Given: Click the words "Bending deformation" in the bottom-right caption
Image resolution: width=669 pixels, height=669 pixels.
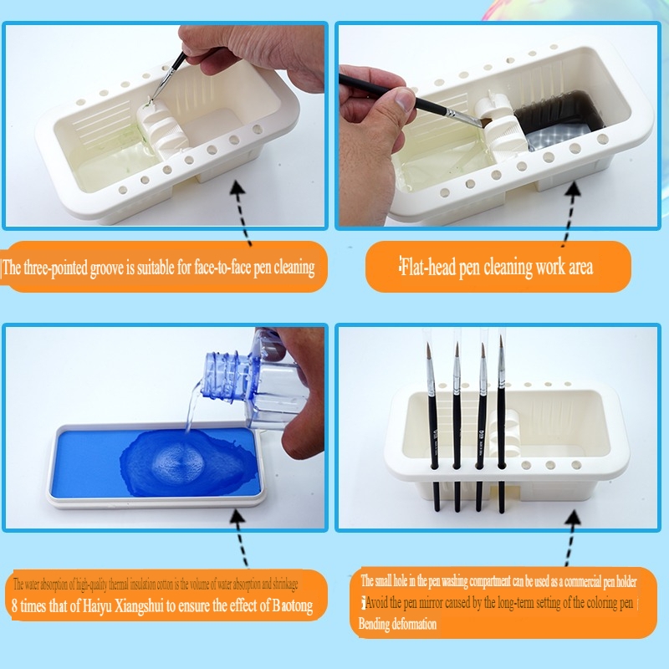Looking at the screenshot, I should (397, 624).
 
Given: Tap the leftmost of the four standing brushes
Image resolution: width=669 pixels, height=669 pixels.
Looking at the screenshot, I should (435, 426).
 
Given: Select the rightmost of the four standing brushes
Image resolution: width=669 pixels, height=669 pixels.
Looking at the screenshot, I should (502, 426).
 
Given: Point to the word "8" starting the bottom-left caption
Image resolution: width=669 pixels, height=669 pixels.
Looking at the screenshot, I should (14, 606).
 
